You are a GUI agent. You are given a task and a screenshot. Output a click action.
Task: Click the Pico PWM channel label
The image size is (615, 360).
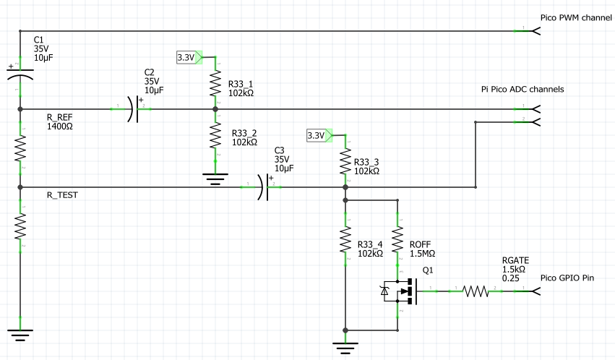point(576,17)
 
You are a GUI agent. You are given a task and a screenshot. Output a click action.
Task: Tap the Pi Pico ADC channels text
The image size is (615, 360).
point(522,89)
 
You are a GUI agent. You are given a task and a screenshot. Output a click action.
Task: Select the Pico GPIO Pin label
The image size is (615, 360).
point(567,278)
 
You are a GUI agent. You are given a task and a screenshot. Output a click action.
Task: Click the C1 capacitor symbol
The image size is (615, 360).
point(20,74)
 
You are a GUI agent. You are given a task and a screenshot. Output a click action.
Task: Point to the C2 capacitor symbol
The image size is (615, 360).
point(135,108)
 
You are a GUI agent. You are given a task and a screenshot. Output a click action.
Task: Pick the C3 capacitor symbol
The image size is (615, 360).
point(265,187)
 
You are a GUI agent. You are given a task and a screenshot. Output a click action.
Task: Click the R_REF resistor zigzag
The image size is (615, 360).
point(20,148)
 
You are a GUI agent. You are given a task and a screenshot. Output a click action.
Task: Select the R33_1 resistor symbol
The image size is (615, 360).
point(215,83)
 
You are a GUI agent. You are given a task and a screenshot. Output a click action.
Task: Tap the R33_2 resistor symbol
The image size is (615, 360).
point(215,135)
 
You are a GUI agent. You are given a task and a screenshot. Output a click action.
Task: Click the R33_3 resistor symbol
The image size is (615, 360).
point(345,161)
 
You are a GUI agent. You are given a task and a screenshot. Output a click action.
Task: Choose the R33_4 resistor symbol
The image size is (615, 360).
point(345,239)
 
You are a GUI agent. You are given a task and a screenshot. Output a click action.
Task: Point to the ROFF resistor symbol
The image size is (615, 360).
point(397,239)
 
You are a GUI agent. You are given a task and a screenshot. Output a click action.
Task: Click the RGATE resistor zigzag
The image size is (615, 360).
point(476,291)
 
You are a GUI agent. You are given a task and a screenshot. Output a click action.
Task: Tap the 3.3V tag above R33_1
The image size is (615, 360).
point(189,57)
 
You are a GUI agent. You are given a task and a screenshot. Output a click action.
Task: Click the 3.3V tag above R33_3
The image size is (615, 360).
point(319,136)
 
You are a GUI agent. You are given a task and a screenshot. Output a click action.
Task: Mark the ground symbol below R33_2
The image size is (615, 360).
point(215,179)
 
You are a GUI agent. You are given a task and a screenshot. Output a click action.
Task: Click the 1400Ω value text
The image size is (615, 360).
point(59,127)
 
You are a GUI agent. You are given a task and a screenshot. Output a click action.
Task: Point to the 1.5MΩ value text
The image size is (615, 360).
point(423,254)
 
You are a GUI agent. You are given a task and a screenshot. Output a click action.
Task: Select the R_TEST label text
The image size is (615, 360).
point(62,195)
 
